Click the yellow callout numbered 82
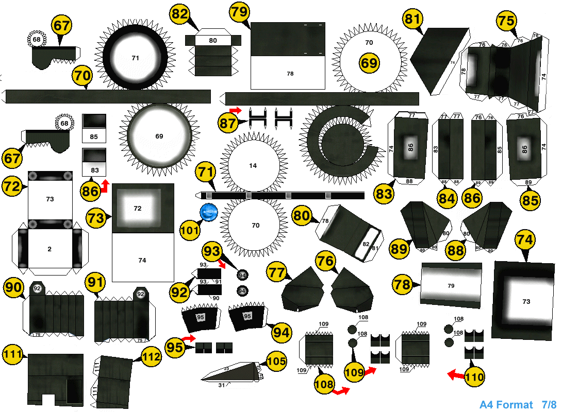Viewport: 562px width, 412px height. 180,14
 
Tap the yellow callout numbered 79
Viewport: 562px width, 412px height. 240,12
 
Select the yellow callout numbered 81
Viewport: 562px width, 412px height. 412,20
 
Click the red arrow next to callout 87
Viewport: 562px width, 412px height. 236,110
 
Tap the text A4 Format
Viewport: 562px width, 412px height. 506,405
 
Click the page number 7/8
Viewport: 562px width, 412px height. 549,405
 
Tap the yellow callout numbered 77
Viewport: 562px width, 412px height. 277,272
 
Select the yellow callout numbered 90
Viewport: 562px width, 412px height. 14,287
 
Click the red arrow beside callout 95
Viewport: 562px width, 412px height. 189,338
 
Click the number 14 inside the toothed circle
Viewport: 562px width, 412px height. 253,166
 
